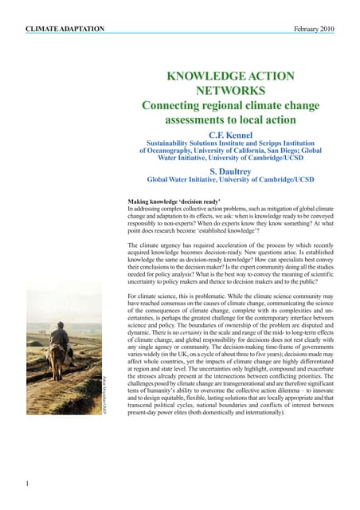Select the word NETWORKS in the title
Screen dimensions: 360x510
[x=229, y=91]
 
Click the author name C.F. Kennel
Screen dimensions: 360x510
[x=229, y=135]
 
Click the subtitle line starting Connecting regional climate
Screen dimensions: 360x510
[x=229, y=106]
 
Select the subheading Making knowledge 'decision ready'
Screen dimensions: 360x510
[x=174, y=202]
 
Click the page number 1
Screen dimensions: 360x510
[x=27, y=483]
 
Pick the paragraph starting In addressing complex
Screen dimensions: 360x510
[x=229, y=223]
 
